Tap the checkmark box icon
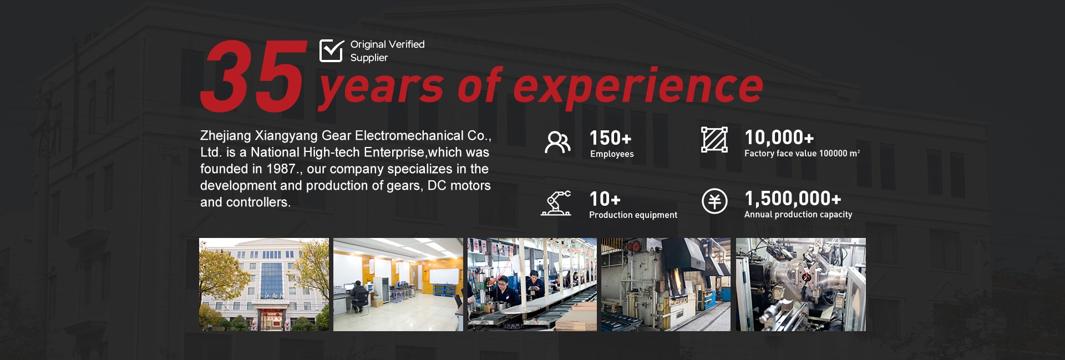[x=332, y=50]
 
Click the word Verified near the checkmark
[x=407, y=44]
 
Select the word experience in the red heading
[x=638, y=88]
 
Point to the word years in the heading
[x=381, y=89]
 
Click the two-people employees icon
[x=557, y=143]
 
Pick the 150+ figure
[x=610, y=138]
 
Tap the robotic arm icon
[x=556, y=203]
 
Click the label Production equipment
[x=633, y=215]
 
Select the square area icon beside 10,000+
[x=714, y=139]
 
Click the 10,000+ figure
[x=779, y=138]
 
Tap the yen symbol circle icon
[x=714, y=201]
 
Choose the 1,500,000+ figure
[x=793, y=199]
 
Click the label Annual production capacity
[x=798, y=215]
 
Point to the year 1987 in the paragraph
[x=281, y=169]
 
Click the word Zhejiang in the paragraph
[x=225, y=136]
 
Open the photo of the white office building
[x=264, y=285]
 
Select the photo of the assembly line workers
[x=532, y=285]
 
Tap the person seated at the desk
[x=357, y=296]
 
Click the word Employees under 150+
[x=612, y=154]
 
